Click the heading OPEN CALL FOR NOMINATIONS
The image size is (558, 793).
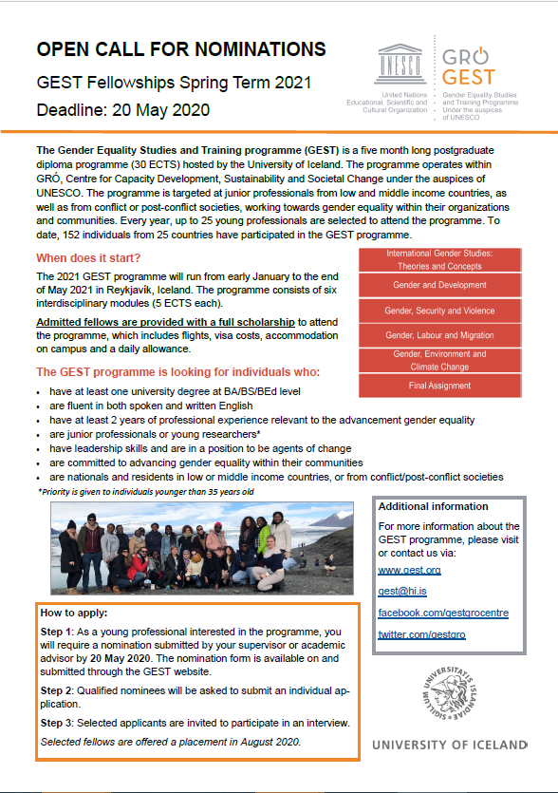(180, 49)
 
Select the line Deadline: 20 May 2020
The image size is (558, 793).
(123, 110)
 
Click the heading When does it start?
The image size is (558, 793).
(88, 257)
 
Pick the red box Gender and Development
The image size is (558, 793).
(439, 285)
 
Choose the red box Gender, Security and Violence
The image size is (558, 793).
(439, 311)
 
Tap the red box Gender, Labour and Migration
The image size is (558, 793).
(439, 335)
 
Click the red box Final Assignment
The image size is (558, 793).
(439, 386)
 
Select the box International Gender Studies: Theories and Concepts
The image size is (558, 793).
(439, 259)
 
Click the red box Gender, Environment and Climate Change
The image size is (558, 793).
(439, 361)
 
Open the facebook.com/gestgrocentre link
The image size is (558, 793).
(443, 613)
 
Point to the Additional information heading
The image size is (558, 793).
(434, 506)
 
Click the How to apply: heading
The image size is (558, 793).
(74, 614)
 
